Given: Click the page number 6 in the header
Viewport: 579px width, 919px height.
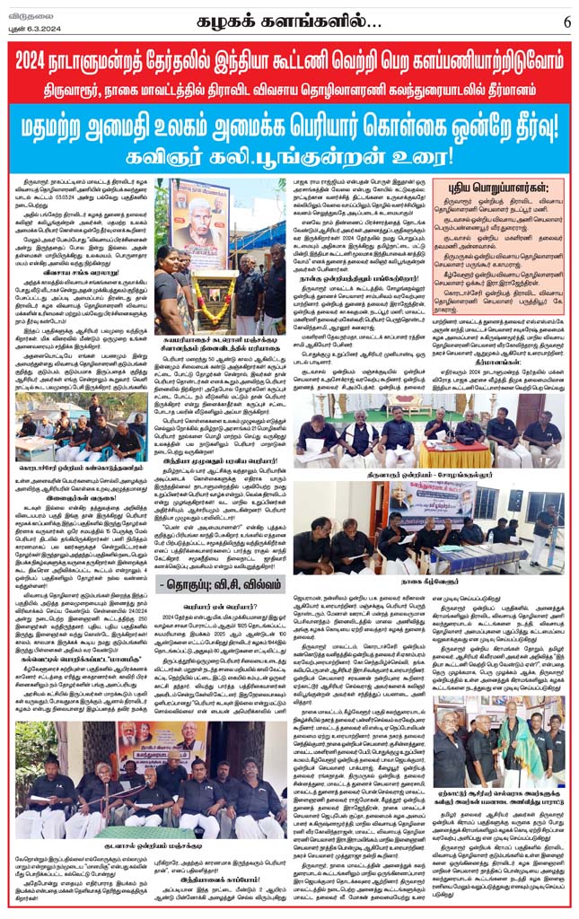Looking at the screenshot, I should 566,19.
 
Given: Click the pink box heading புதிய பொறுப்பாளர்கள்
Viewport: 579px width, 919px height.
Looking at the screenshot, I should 499,188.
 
